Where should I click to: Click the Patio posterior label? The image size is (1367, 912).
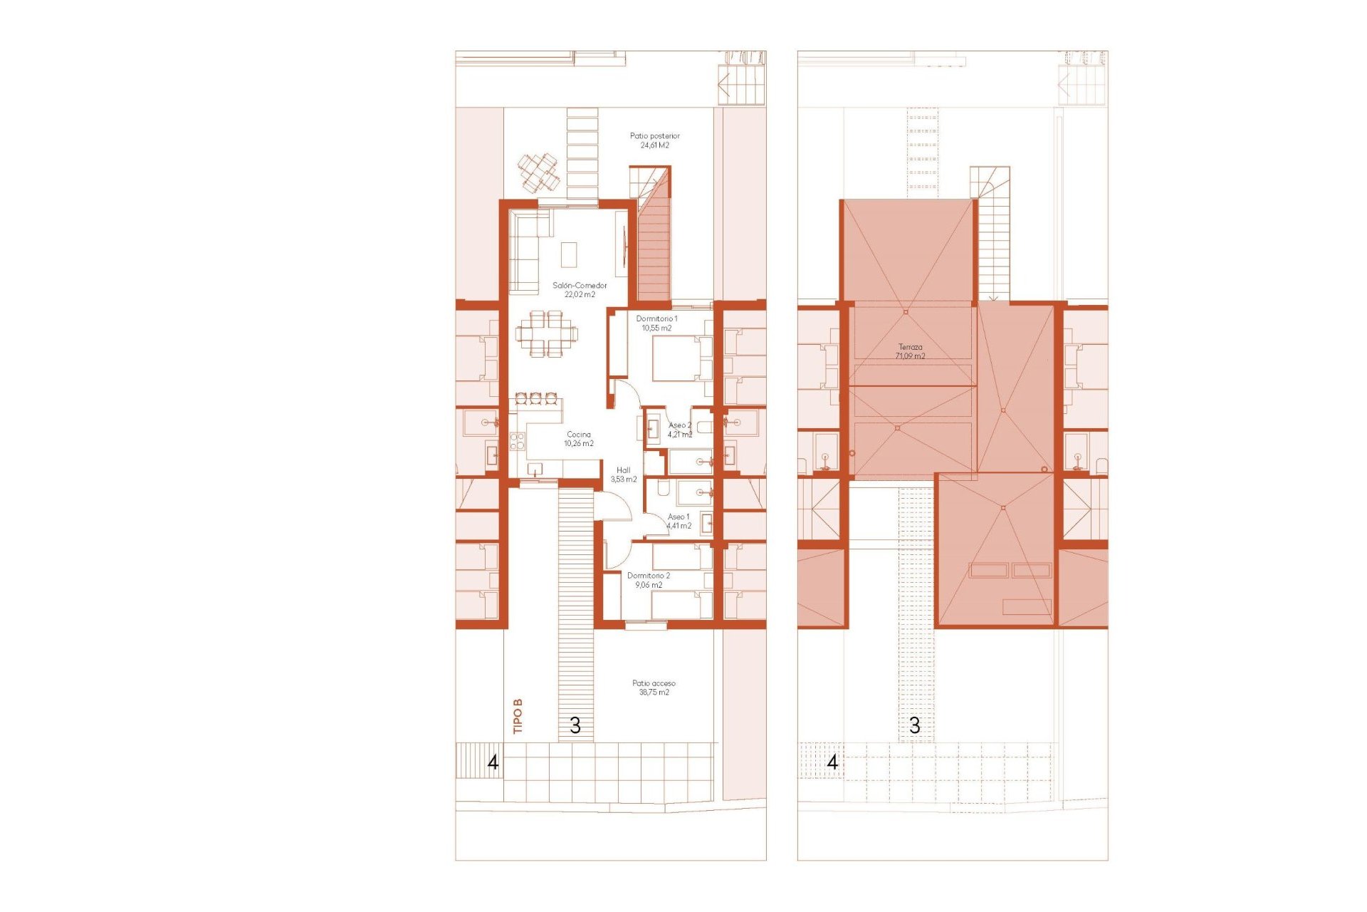pyautogui.click(x=654, y=135)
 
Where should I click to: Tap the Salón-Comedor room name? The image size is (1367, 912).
pyautogui.click(x=580, y=285)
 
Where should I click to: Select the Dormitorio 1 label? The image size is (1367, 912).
pyautogui.click(x=656, y=318)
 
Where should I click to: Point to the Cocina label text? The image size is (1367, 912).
pyautogui.click(x=578, y=434)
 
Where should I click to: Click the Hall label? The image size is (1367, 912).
pyautogui.click(x=623, y=470)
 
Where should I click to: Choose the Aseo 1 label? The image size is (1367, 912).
pyautogui.click(x=678, y=517)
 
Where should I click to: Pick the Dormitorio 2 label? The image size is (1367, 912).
pyautogui.click(x=648, y=575)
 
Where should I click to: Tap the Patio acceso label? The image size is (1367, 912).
pyautogui.click(x=654, y=683)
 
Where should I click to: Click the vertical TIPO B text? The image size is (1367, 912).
pyautogui.click(x=518, y=715)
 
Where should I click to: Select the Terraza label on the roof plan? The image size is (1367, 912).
pyautogui.click(x=910, y=347)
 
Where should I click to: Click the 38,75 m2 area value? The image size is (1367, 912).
pyautogui.click(x=654, y=692)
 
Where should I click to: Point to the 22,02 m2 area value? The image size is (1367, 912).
pyautogui.click(x=580, y=294)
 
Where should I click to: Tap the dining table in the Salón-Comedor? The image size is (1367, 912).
pyautogui.click(x=547, y=333)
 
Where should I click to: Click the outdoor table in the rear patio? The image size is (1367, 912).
pyautogui.click(x=538, y=172)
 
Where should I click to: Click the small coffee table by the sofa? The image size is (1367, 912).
pyautogui.click(x=568, y=254)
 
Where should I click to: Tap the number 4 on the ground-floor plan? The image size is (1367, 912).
pyautogui.click(x=492, y=762)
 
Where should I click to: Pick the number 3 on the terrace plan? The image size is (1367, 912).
pyautogui.click(x=914, y=725)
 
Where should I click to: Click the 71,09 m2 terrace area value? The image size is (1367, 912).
pyautogui.click(x=910, y=356)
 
